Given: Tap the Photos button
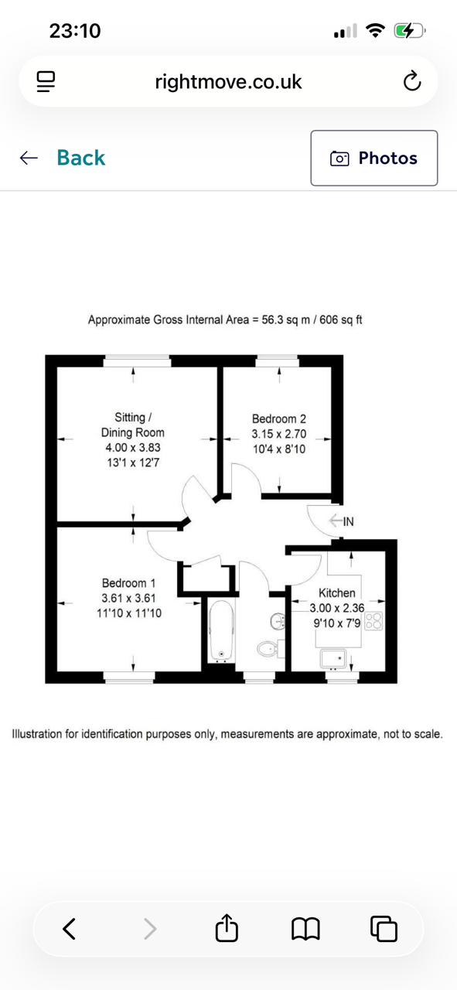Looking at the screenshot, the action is (x=374, y=158).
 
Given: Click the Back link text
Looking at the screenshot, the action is (x=81, y=158).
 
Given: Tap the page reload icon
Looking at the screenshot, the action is (x=412, y=81).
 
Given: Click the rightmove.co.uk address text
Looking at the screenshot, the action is (x=228, y=82).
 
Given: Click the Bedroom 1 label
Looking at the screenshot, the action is (x=128, y=583).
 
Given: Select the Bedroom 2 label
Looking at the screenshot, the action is (x=279, y=418).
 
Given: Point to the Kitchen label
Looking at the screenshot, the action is (x=337, y=592).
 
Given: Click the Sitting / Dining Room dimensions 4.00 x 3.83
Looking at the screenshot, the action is (x=132, y=447).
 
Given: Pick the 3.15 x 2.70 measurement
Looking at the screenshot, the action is (x=279, y=434).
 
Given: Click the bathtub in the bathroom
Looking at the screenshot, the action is (x=221, y=631).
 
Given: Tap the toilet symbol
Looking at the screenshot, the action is (x=267, y=649).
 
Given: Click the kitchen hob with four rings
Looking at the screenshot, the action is (x=374, y=620).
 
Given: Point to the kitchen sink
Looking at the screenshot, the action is (x=333, y=660).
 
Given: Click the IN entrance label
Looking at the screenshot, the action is (x=348, y=521).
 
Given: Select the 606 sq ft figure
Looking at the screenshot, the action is (x=341, y=319).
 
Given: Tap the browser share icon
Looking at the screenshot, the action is (x=227, y=927).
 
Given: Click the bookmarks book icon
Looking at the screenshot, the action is (x=305, y=928).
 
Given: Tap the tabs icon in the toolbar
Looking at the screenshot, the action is (x=384, y=928).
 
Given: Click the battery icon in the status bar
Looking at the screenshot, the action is (x=409, y=31).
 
